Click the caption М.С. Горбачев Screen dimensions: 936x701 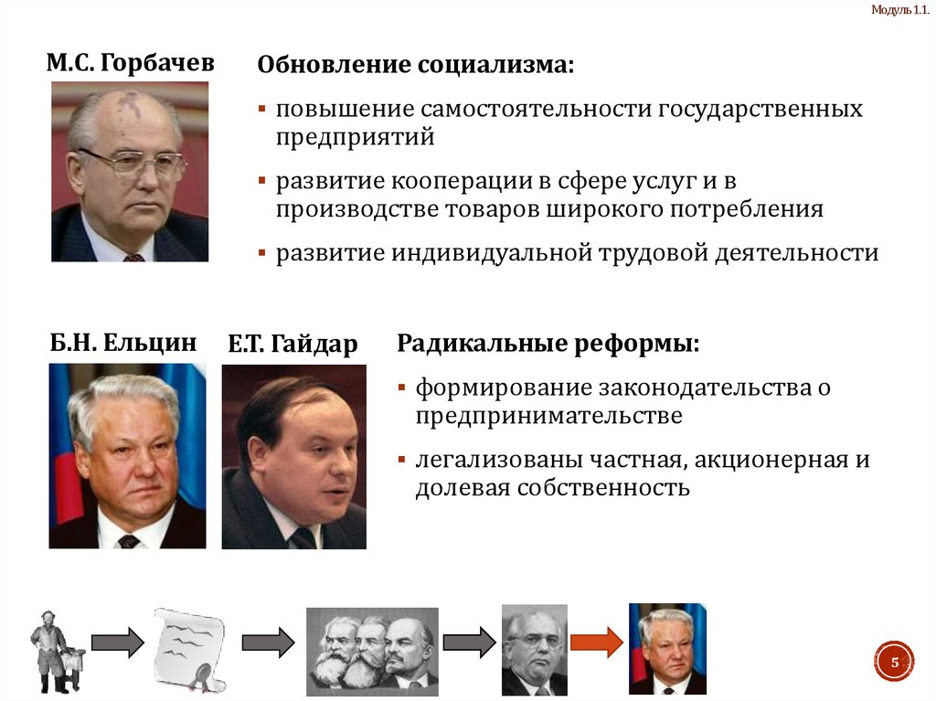(131, 63)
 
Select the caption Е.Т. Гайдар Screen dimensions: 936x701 (292, 345)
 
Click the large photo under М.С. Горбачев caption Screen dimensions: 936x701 (130, 172)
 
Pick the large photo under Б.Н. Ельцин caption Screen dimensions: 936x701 (127, 456)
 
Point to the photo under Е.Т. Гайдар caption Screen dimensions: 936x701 (293, 457)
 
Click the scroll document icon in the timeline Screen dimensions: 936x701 (192, 646)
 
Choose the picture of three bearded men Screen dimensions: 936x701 (371, 647)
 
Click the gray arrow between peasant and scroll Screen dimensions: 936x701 (117, 643)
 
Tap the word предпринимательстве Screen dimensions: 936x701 (548, 416)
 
